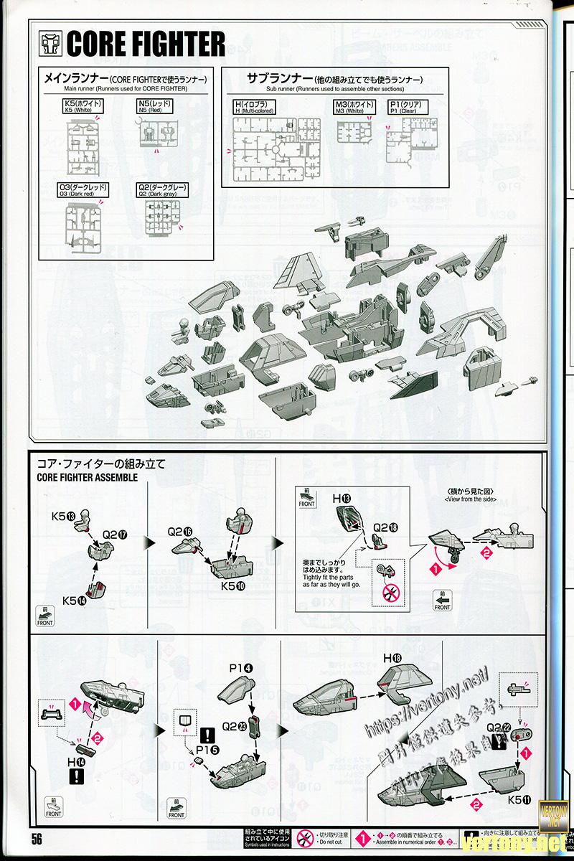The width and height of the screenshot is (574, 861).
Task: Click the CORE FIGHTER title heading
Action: [x=145, y=45]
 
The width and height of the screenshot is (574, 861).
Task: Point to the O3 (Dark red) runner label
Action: [x=84, y=191]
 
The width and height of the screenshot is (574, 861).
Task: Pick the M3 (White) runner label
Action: [x=354, y=108]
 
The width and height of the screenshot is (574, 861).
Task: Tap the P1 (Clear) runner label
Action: [x=407, y=108]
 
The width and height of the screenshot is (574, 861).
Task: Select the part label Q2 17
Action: [x=115, y=534]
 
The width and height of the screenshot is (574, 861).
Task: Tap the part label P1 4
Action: [x=240, y=669]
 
